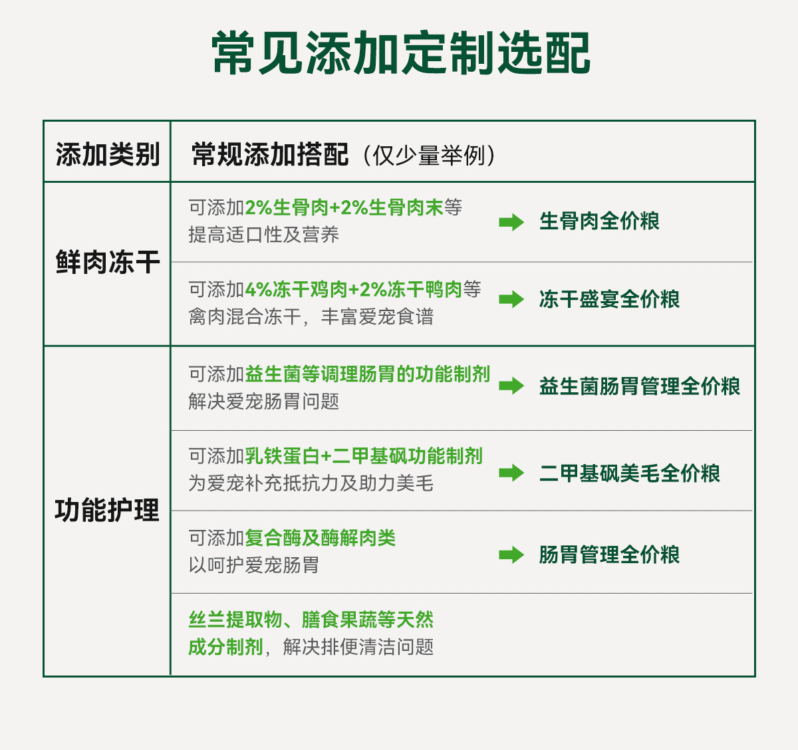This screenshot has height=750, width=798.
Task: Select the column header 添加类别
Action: [108, 155]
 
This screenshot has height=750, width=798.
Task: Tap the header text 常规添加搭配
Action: [270, 155]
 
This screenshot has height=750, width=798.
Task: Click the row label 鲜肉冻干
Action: [108, 263]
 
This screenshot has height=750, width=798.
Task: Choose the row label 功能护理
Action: [108, 511]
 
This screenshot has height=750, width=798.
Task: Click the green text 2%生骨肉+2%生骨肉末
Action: [344, 208]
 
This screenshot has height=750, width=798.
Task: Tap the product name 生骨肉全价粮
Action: [599, 221]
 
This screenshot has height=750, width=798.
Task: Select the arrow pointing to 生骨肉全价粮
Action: [511, 222]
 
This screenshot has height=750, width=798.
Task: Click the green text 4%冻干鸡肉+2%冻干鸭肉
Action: [353, 290]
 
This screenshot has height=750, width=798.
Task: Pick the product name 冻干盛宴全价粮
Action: [609, 299]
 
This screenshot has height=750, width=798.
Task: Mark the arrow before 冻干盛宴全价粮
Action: [511, 300]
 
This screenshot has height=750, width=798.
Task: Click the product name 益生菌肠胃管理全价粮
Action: [640, 386]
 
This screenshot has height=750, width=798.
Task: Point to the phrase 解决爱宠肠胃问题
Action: [264, 402]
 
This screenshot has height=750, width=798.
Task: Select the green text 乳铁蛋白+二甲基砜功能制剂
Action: [364, 456]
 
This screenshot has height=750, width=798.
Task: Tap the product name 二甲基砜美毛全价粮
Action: [630, 473]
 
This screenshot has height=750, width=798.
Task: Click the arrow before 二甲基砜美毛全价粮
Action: [511, 473]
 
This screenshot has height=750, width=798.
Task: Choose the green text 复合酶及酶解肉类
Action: [321, 538]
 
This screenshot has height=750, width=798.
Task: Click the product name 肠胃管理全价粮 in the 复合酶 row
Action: [609, 555]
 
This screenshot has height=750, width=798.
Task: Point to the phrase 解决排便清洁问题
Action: [358, 647]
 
